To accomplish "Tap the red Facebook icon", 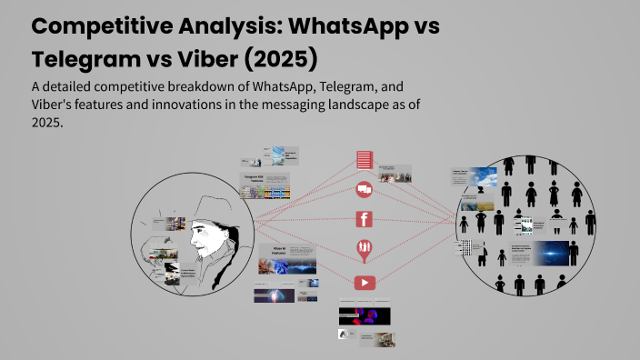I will (365, 218).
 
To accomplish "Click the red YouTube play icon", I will (365, 282).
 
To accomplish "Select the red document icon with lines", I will (365, 160).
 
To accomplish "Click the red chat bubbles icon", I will (365, 189).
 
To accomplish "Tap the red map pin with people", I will (365, 249).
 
